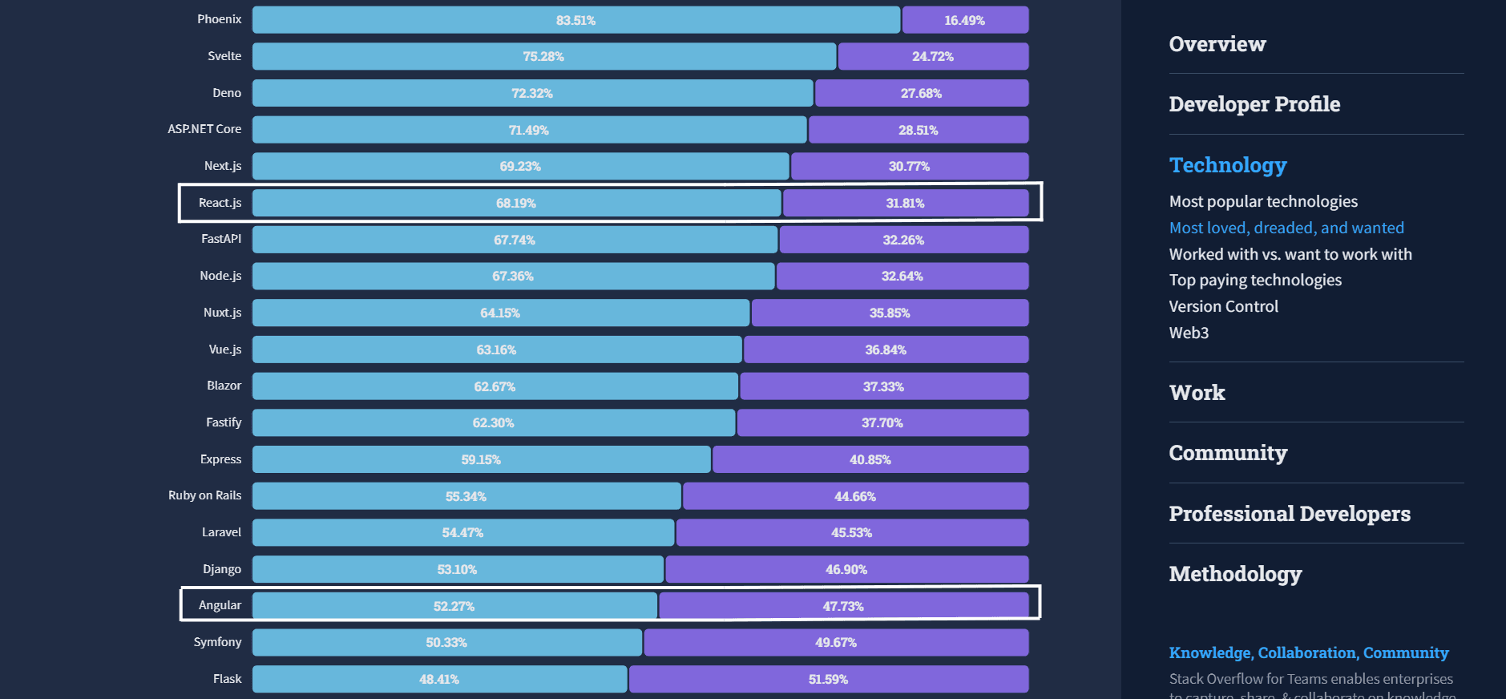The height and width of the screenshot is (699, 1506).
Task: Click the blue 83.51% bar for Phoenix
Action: coord(575,20)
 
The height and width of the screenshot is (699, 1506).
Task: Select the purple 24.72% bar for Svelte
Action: coord(933,56)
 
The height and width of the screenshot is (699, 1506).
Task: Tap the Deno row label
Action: coord(227,93)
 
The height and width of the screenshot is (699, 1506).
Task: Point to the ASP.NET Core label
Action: coord(204,129)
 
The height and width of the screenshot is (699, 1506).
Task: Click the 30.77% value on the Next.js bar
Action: coord(909,167)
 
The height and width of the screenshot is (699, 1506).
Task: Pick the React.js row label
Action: coord(220,203)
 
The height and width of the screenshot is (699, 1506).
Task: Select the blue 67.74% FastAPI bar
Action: coord(515,240)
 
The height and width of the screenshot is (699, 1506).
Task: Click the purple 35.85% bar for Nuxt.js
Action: coord(890,313)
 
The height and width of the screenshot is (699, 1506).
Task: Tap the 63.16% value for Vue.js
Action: coord(496,350)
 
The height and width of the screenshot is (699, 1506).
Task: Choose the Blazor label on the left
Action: coord(224,386)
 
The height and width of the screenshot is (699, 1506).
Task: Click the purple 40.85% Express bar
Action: coord(870,459)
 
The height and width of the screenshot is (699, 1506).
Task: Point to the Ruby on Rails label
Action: coord(204,495)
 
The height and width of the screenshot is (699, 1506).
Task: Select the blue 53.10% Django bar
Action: coord(457,569)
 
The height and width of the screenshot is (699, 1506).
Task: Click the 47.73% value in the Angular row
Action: coord(843,607)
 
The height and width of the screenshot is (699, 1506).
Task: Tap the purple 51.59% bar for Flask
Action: coord(828,679)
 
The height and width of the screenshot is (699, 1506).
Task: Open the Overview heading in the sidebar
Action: coord(1217,44)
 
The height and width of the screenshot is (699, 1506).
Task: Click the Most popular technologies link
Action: coord(1263,201)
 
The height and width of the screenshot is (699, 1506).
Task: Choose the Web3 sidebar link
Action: coord(1189,333)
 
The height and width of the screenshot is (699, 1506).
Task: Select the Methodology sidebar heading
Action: coord(1235,574)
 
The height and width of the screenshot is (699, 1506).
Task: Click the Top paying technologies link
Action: coord(1255,280)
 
